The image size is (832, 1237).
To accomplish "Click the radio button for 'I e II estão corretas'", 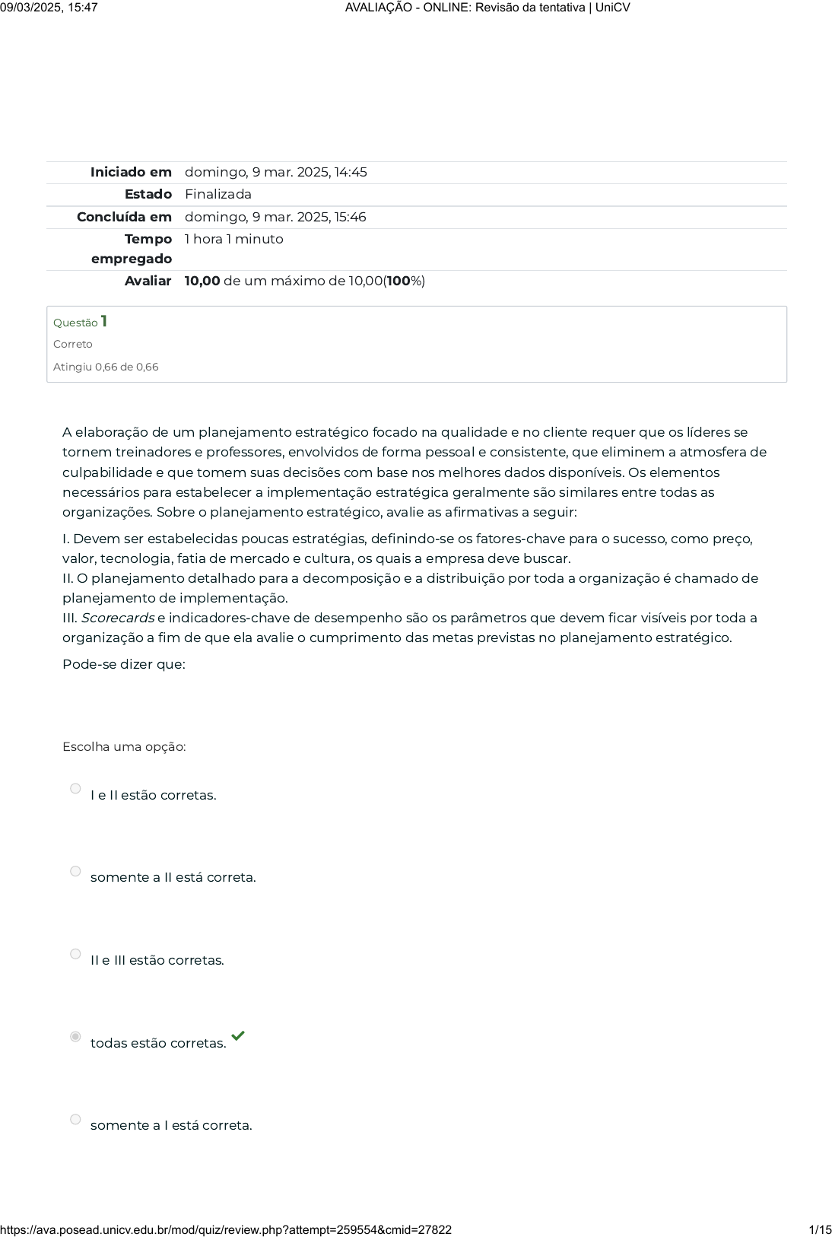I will (x=75, y=789).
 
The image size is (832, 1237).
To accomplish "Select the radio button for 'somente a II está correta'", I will (x=75, y=871).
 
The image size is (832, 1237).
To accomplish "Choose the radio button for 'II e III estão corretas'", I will (x=75, y=954).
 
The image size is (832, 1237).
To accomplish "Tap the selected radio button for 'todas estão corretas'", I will (x=75, y=1036).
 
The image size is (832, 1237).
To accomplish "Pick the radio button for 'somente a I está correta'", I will (x=75, y=1119).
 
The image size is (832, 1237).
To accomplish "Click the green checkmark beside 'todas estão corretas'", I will (x=238, y=1035).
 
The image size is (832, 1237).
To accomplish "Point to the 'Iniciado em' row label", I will (x=131, y=172).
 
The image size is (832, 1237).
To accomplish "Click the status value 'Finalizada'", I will (x=218, y=194).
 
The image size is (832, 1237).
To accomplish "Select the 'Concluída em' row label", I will (x=124, y=217).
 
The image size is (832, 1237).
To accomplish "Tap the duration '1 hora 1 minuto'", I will (x=233, y=239).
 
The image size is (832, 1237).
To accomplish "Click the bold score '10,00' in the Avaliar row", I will (x=202, y=281).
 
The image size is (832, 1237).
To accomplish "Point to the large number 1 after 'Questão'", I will (x=104, y=321).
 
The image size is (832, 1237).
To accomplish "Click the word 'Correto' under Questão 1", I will (x=73, y=344).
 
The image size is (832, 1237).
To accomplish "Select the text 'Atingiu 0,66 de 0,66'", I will (x=106, y=367).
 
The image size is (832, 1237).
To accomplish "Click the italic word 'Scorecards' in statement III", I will (x=118, y=618).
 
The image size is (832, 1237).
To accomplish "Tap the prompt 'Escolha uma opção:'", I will (x=124, y=746).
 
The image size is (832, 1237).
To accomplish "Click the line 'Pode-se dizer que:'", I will (x=124, y=664).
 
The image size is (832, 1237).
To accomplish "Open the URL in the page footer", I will (x=226, y=1229).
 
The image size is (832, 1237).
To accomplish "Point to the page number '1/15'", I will (x=820, y=1229).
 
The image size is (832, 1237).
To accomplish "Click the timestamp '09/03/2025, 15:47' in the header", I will (x=49, y=8).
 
